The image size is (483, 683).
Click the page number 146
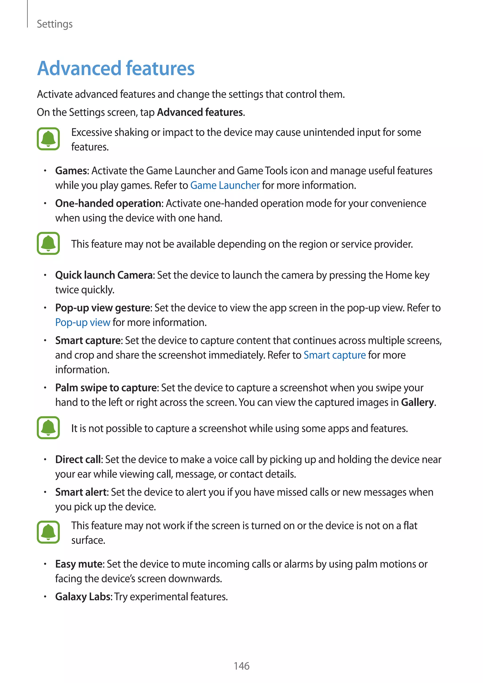(x=241, y=666)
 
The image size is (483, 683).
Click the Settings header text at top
(x=55, y=24)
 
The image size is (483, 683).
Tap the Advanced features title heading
(x=116, y=68)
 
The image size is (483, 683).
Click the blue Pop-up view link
(x=83, y=322)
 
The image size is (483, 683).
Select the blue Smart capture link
(x=335, y=355)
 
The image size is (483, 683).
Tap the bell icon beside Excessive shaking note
(x=48, y=139)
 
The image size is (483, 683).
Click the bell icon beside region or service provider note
(x=48, y=243)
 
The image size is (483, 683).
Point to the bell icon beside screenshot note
(x=48, y=428)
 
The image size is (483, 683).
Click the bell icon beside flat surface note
(x=48, y=532)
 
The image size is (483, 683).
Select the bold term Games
(x=72, y=171)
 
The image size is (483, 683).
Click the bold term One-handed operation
(x=108, y=204)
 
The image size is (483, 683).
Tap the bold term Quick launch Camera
(x=104, y=275)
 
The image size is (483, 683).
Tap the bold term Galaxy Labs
(x=83, y=597)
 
